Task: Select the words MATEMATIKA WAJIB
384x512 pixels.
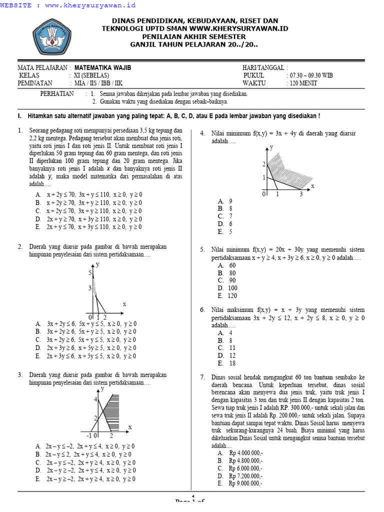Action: click(x=103, y=67)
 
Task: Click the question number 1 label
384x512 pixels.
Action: click(x=19, y=130)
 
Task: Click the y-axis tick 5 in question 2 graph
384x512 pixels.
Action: click(x=90, y=272)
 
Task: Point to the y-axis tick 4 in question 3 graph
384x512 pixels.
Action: click(x=95, y=399)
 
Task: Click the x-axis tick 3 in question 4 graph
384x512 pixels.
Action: click(x=301, y=194)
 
